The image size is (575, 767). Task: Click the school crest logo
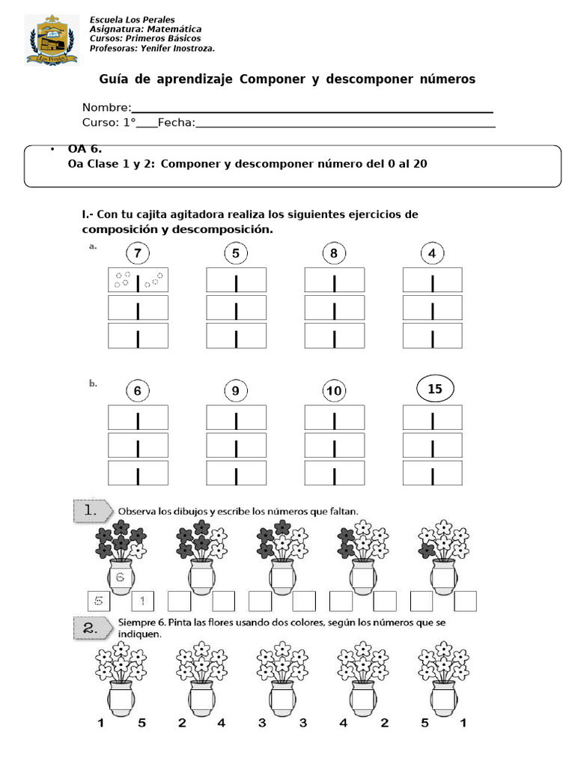(48, 39)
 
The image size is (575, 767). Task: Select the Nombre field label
(106, 107)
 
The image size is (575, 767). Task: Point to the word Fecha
(176, 122)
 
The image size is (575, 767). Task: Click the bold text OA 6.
(85, 149)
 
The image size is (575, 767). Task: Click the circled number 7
(138, 253)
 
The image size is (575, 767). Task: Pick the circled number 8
(334, 253)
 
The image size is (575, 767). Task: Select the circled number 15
(435, 389)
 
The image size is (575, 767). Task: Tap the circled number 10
(334, 390)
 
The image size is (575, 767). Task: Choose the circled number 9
(236, 390)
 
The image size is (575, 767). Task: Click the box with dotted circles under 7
(138, 280)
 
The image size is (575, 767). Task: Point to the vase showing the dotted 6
(121, 577)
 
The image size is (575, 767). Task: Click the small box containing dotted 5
(98, 601)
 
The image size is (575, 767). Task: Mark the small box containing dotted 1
(142, 601)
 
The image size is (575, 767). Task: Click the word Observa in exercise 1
(137, 511)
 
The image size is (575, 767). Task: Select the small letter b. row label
(93, 383)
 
